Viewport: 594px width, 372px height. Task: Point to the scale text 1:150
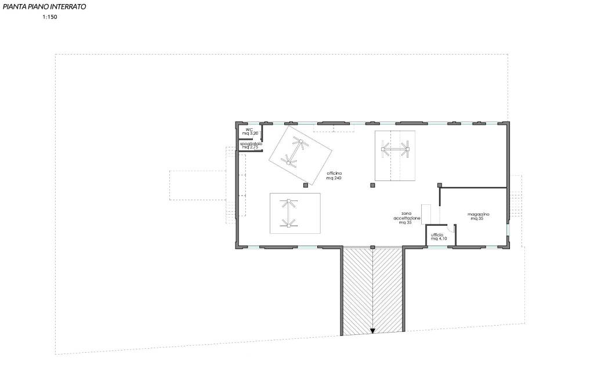(x=50, y=17)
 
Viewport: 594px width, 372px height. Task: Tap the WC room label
(x=249, y=129)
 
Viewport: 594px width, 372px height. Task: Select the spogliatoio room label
(x=251, y=144)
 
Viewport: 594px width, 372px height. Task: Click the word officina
(x=334, y=174)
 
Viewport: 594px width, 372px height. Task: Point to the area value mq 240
(x=334, y=178)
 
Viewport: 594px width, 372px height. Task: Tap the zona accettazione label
(x=407, y=216)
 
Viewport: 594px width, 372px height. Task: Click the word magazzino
(x=479, y=214)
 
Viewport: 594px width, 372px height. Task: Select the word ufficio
(x=437, y=235)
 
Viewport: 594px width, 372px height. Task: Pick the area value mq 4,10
(x=439, y=239)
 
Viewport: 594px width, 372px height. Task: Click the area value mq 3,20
(x=250, y=133)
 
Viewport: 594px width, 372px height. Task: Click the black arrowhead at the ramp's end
(x=372, y=331)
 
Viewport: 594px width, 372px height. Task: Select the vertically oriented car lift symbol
(x=288, y=213)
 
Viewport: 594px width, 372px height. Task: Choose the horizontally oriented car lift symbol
(x=395, y=149)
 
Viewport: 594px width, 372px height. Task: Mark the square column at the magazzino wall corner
(x=440, y=185)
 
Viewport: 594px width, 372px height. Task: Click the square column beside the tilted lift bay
(x=305, y=185)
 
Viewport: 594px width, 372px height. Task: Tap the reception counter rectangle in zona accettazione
(x=426, y=214)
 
